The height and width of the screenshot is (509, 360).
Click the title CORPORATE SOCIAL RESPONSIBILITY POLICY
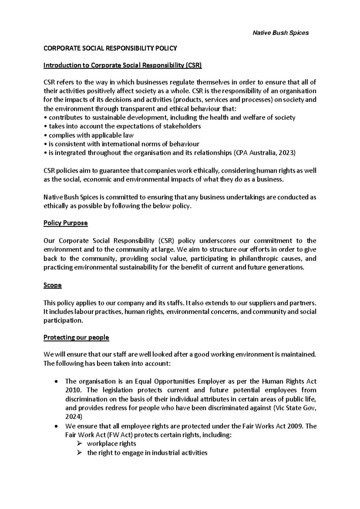point(110,48)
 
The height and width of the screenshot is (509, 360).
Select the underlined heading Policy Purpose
point(65,223)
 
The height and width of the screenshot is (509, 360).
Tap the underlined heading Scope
point(52,285)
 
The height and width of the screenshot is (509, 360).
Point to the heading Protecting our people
point(76,337)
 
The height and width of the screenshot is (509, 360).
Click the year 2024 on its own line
point(72,417)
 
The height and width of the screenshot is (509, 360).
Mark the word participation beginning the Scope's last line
point(62,321)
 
